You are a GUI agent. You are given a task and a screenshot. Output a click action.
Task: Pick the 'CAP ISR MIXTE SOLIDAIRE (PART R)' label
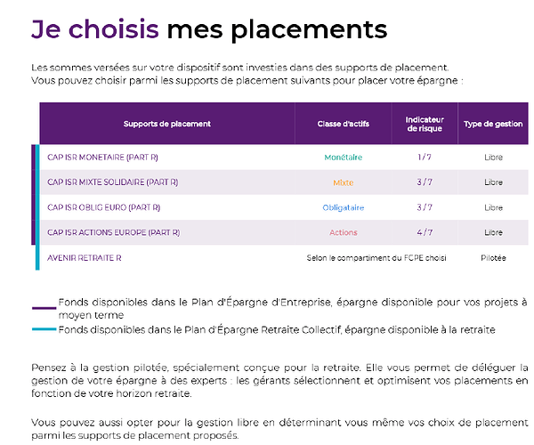(112, 182)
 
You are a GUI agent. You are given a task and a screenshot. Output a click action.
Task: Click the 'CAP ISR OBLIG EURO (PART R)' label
(103, 207)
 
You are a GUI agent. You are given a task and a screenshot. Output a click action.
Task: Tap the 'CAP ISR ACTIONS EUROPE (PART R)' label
(113, 232)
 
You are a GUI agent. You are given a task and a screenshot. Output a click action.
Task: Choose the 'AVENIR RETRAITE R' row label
(84, 257)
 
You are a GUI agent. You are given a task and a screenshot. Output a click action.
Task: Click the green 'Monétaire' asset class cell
(343, 158)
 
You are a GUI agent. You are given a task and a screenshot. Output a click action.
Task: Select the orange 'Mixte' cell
(343, 182)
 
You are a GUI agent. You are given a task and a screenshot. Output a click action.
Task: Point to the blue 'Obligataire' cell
(343, 207)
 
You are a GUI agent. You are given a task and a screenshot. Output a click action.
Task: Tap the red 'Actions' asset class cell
(343, 232)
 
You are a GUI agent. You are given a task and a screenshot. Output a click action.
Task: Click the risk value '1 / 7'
(425, 158)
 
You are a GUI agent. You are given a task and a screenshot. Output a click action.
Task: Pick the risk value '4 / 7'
(425, 232)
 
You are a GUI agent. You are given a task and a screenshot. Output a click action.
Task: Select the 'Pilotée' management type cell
(493, 257)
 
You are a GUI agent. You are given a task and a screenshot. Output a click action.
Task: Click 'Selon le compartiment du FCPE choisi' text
(376, 257)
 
